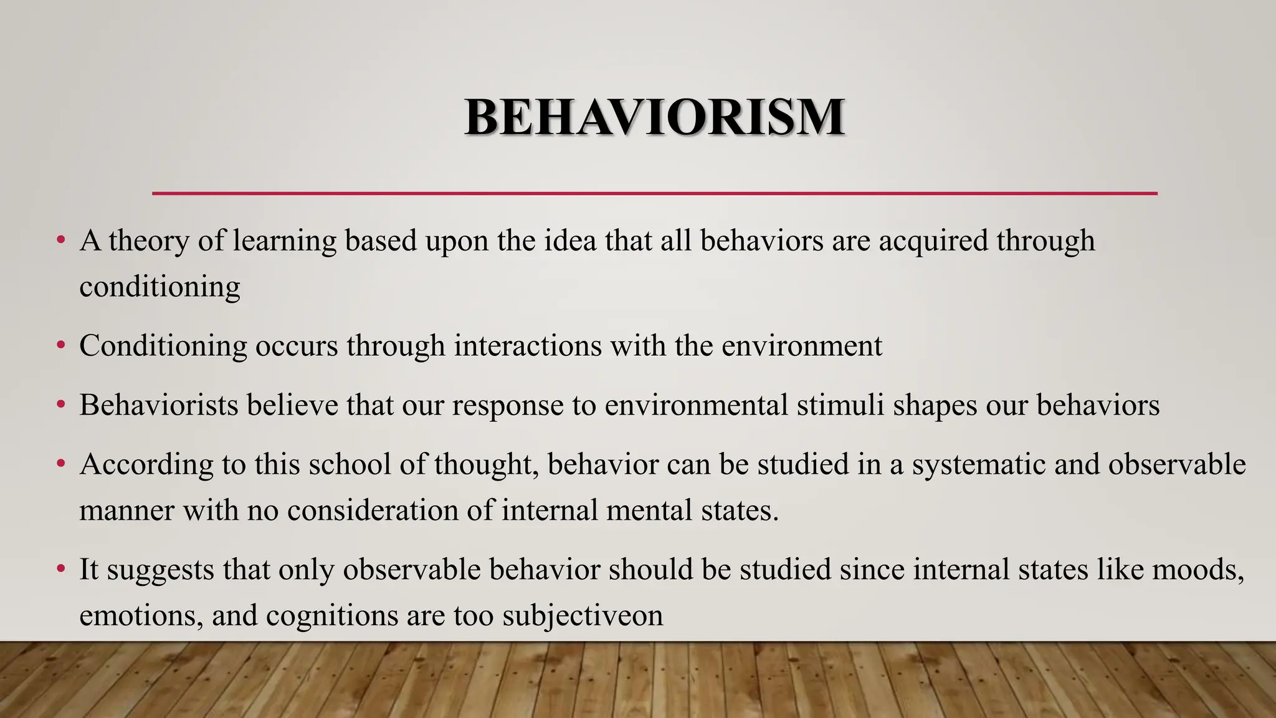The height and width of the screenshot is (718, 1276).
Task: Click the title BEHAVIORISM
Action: (654, 117)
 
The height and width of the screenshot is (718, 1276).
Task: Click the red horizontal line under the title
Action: (654, 194)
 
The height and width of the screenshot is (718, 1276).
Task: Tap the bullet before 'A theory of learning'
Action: (60, 240)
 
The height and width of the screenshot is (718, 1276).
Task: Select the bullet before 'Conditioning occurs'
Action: (60, 345)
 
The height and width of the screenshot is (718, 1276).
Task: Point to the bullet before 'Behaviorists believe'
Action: (60, 405)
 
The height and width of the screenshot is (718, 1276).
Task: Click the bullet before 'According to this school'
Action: (60, 464)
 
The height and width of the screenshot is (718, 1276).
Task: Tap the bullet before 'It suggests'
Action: (60, 570)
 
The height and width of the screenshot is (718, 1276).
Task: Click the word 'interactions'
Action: (528, 345)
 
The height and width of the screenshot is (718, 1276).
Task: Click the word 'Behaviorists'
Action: (159, 405)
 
